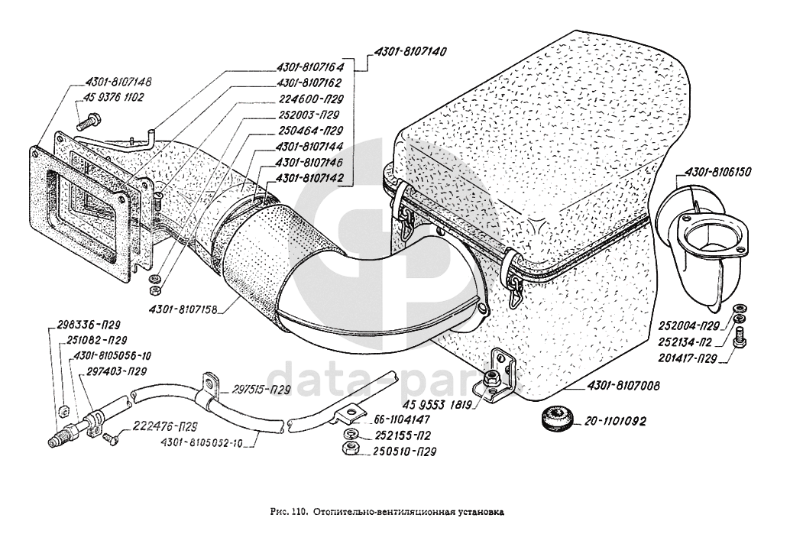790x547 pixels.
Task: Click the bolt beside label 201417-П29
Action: (740, 338)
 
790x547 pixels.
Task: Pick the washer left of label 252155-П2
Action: (350, 435)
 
